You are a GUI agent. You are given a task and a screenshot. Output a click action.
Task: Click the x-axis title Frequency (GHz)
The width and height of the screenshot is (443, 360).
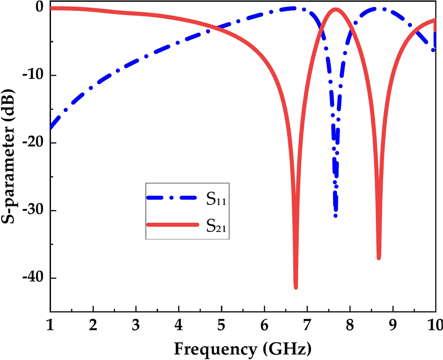coord(242,349)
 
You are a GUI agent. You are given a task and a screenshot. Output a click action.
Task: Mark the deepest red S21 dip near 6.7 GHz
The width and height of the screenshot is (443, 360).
coord(295,287)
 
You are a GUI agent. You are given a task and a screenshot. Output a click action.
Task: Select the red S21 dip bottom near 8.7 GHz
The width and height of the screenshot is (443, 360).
coord(379,258)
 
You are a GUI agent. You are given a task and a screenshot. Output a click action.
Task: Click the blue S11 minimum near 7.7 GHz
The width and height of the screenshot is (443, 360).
coord(336,215)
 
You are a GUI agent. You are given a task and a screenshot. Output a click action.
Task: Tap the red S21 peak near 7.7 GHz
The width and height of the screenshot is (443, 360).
coord(335,9)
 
